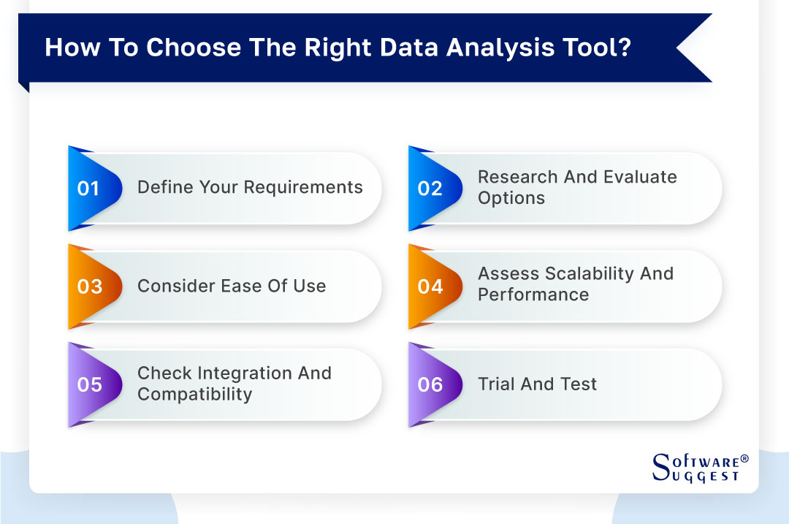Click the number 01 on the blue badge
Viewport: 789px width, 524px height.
(88, 188)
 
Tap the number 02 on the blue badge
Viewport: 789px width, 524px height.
(430, 188)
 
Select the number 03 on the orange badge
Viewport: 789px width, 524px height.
(89, 286)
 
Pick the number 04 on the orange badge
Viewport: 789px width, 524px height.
(430, 286)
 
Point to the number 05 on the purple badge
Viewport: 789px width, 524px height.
(89, 384)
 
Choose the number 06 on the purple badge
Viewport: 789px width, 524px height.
(430, 384)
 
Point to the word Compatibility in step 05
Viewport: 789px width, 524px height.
(194, 395)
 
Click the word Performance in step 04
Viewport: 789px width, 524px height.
(533, 295)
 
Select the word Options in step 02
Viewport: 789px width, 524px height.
(511, 198)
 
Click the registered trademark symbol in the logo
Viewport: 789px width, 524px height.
(744, 459)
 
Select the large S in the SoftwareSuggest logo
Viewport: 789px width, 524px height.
(660, 463)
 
